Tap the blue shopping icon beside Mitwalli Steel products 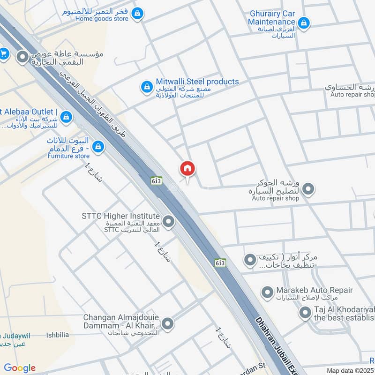point(147,87)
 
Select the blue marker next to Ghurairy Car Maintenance point(304,22)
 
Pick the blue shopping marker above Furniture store point(98,147)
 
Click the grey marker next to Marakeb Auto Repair point(267,293)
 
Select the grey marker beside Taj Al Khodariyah point(305,313)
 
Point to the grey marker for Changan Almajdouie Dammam point(167,323)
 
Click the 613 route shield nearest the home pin point(156,180)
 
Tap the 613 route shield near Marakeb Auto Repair point(220,263)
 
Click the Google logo point(20,368)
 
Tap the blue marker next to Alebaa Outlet point(66,116)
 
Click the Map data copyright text point(350,370)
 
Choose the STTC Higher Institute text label point(120,216)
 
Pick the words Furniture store point(68,156)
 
